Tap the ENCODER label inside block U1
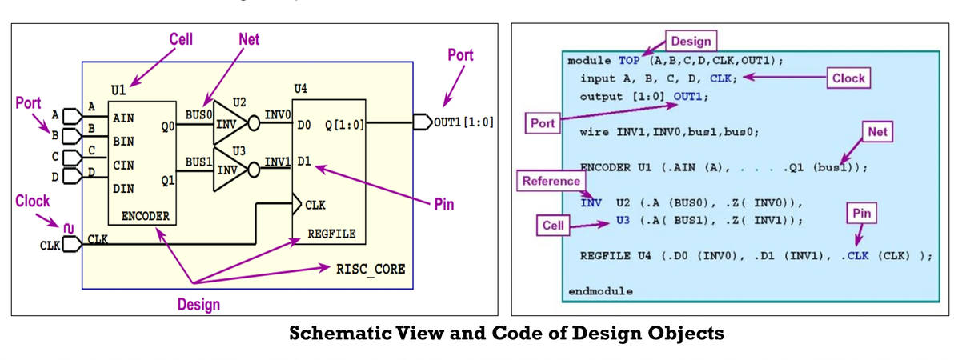(142, 216)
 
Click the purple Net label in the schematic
(248, 39)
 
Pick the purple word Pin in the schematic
(443, 205)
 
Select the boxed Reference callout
(551, 181)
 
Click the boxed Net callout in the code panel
(877, 132)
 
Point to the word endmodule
(599, 290)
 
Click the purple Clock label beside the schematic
(33, 202)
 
